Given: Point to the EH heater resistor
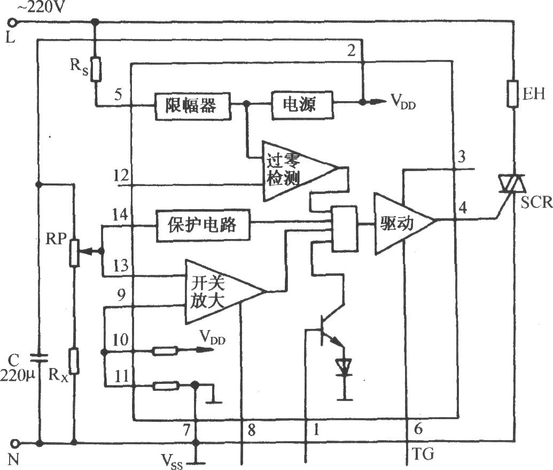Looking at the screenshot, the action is pos(512,94).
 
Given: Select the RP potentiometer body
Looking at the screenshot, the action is pos(74,252).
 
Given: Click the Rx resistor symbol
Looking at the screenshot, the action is pos(74,360).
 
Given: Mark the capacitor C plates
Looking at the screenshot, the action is pos(38,358).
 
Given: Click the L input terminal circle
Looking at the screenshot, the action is pos(12,23).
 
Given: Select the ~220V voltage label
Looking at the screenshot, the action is pos(41,7).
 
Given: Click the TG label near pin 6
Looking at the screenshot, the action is pos(423,454).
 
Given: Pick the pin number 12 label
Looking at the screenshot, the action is pos(121,175).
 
